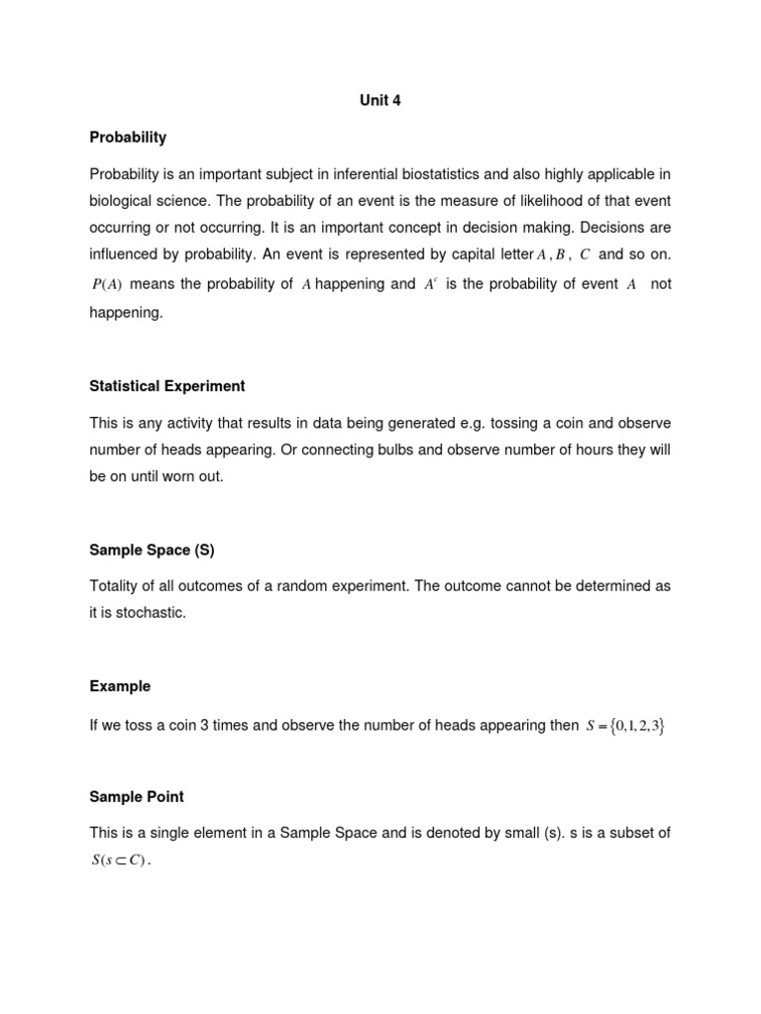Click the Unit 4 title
point(380,100)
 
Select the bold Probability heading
point(128,137)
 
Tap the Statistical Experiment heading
point(167,385)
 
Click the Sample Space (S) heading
point(152,549)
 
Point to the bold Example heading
point(120,685)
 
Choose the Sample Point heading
point(137,796)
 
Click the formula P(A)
point(106,285)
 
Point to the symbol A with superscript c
point(430,284)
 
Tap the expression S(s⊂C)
point(119,861)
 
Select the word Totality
point(116,586)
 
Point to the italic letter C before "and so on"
point(585,255)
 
